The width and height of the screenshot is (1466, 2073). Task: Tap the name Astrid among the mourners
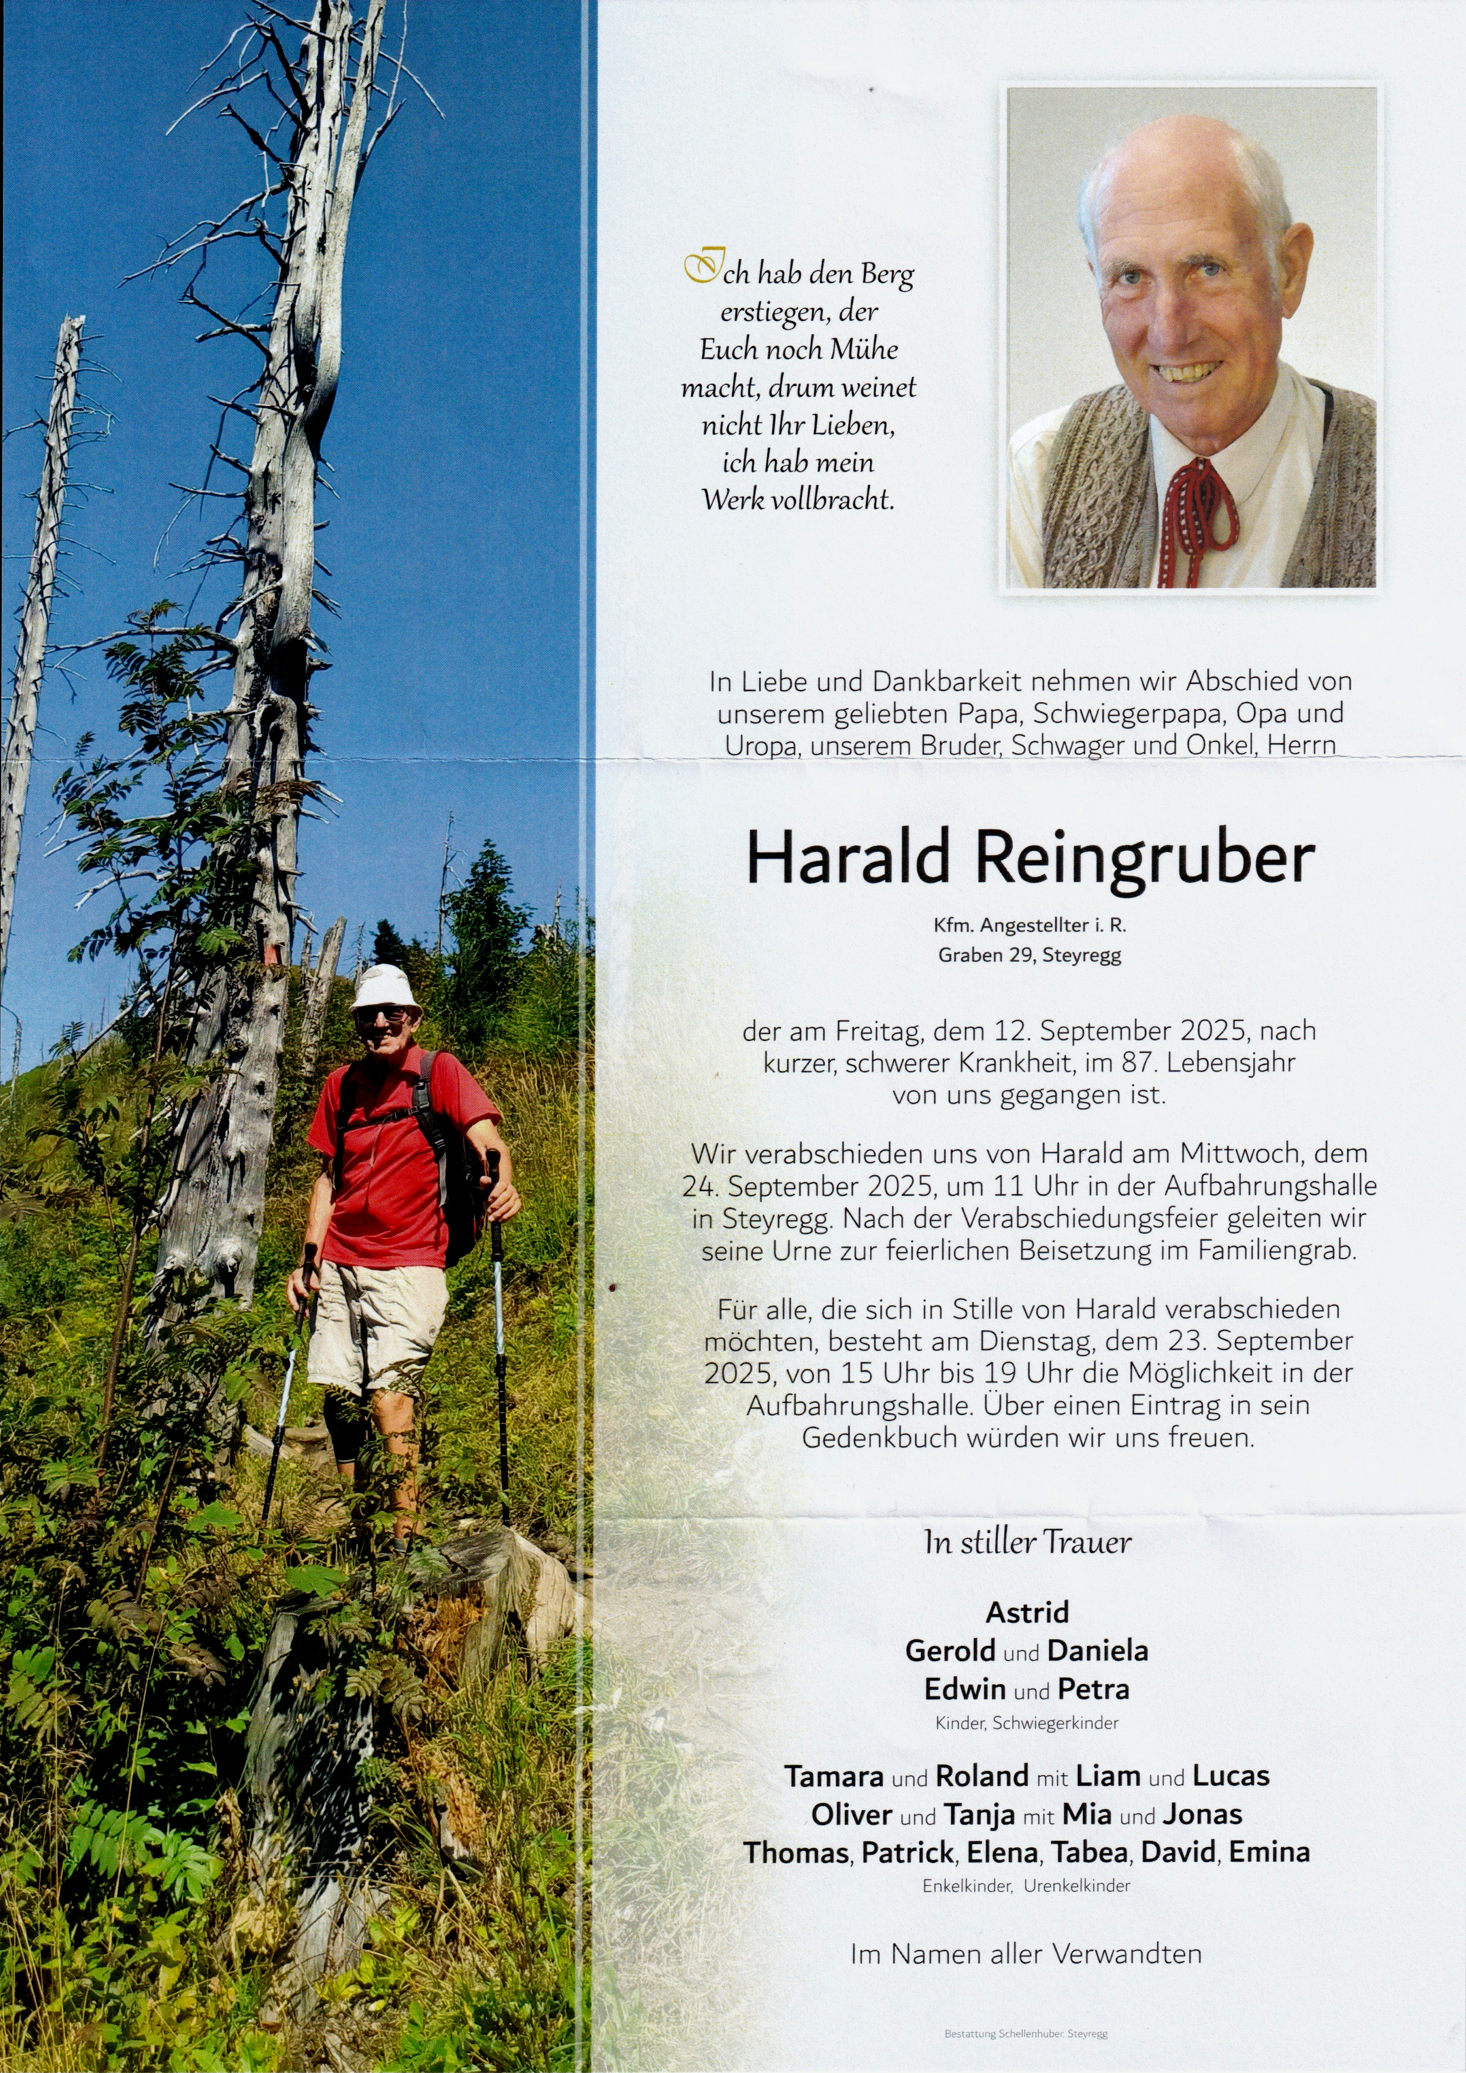(1027, 1611)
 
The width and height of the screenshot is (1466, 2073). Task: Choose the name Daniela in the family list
(1098, 1650)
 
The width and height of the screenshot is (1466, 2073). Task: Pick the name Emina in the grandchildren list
(1269, 1853)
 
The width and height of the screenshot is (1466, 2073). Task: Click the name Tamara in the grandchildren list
(833, 1776)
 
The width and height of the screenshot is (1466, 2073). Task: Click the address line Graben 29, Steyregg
(1029, 955)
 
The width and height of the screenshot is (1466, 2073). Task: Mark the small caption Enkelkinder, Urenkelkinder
(1026, 1885)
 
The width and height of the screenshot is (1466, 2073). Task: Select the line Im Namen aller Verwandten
(1026, 1954)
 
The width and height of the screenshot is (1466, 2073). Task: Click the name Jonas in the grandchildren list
(1202, 1814)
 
